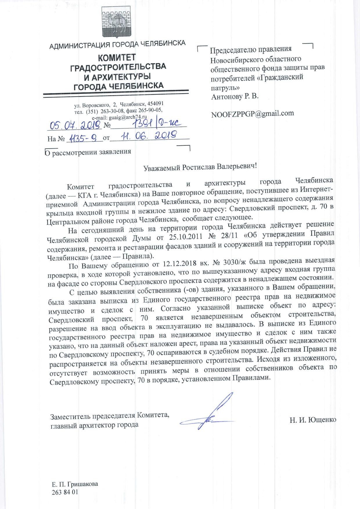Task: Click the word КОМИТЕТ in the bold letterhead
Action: (x=117, y=58)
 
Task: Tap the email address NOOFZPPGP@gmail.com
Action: (x=252, y=114)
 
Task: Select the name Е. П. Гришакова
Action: (x=75, y=484)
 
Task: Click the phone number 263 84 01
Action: (x=65, y=492)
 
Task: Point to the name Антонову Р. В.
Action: (x=235, y=97)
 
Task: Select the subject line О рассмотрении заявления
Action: (x=88, y=152)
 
